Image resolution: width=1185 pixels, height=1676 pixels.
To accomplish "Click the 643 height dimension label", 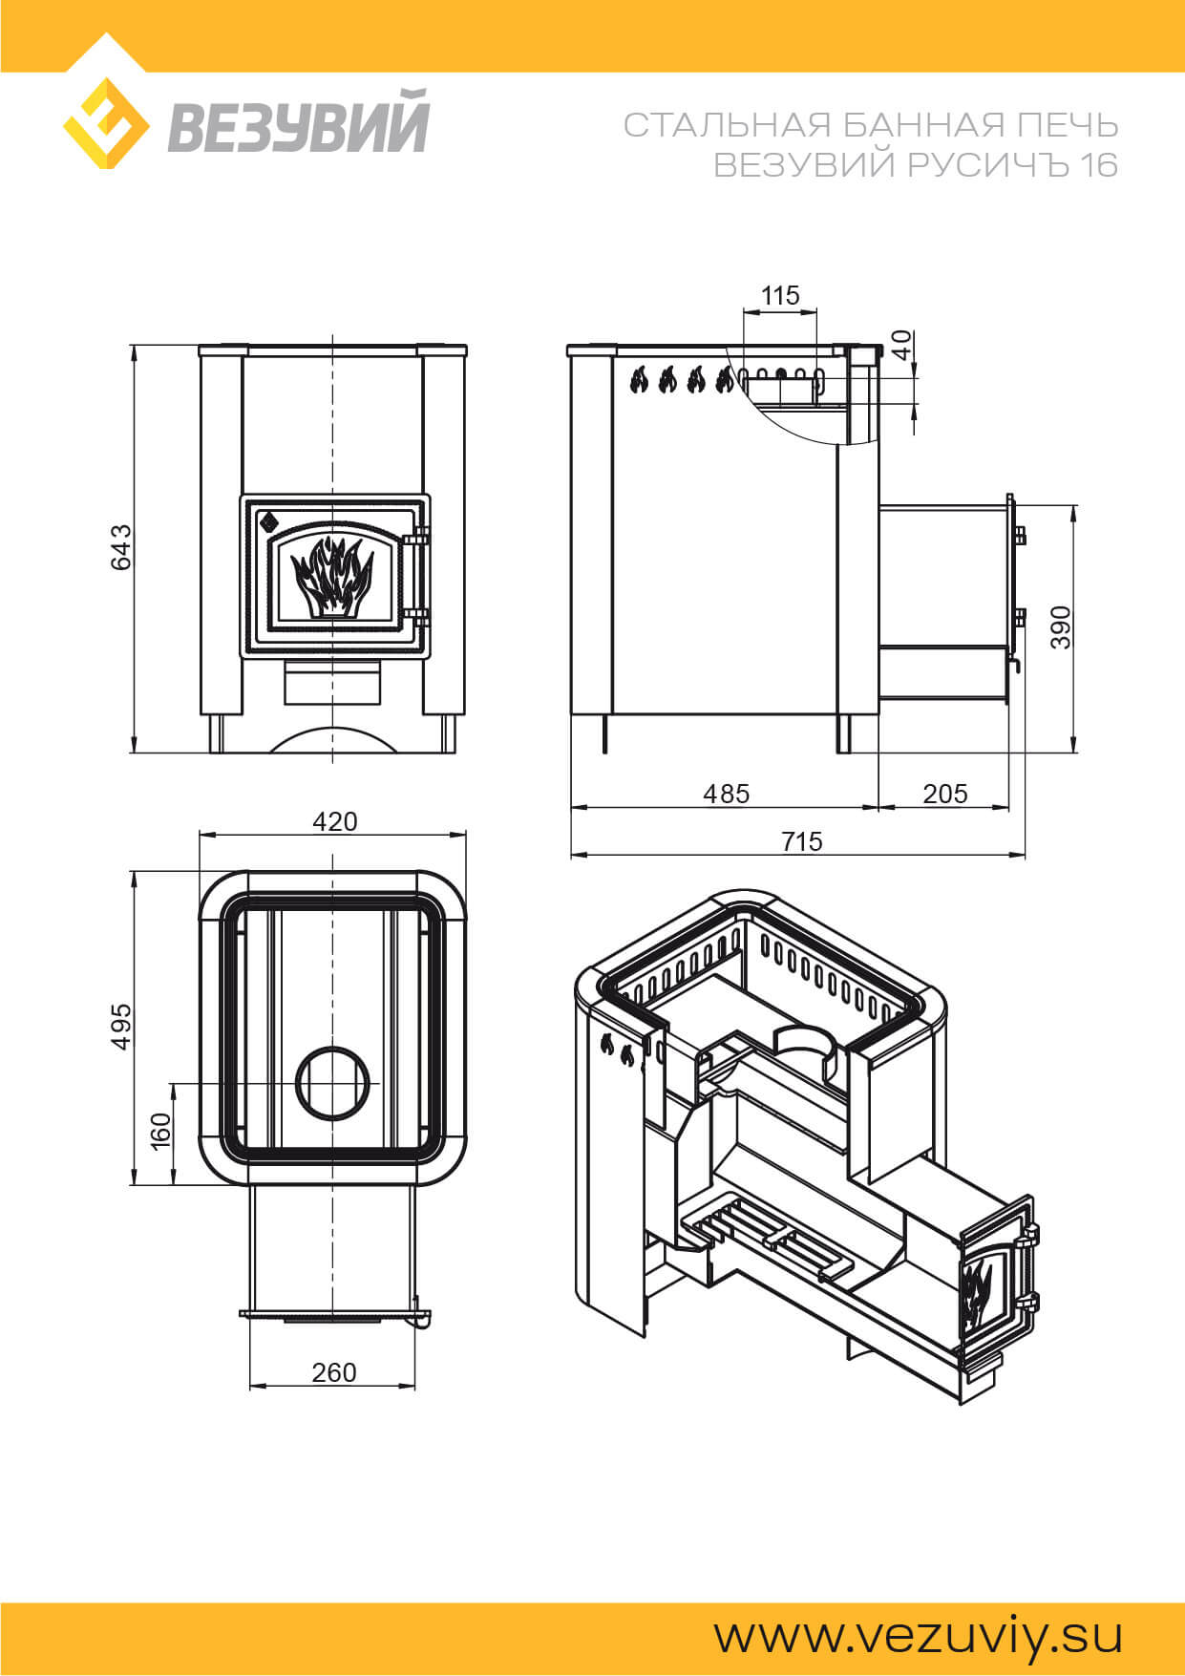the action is [121, 547].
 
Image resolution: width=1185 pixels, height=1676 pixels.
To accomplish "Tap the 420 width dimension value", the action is [334, 821].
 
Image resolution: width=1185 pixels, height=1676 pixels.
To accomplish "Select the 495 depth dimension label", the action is [121, 1027].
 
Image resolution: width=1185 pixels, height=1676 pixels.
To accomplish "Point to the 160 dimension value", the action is [160, 1130].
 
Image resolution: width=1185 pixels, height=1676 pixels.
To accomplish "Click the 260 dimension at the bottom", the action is [334, 1372].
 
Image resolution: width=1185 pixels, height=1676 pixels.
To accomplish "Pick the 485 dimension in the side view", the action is [727, 794].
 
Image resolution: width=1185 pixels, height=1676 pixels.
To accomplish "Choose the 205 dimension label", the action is [945, 794].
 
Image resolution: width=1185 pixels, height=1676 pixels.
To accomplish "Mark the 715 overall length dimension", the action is [801, 841].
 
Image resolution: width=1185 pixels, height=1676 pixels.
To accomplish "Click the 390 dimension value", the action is [1061, 627].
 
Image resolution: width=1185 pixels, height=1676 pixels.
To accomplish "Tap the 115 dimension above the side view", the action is [780, 295].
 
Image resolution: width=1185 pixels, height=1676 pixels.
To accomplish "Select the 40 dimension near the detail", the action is [901, 344].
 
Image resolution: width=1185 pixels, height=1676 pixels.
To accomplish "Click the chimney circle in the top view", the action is [332, 1083].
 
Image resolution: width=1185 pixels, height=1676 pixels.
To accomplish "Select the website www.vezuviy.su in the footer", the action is [918, 1635].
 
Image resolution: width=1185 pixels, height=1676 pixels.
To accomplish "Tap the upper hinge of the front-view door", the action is [415, 539].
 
